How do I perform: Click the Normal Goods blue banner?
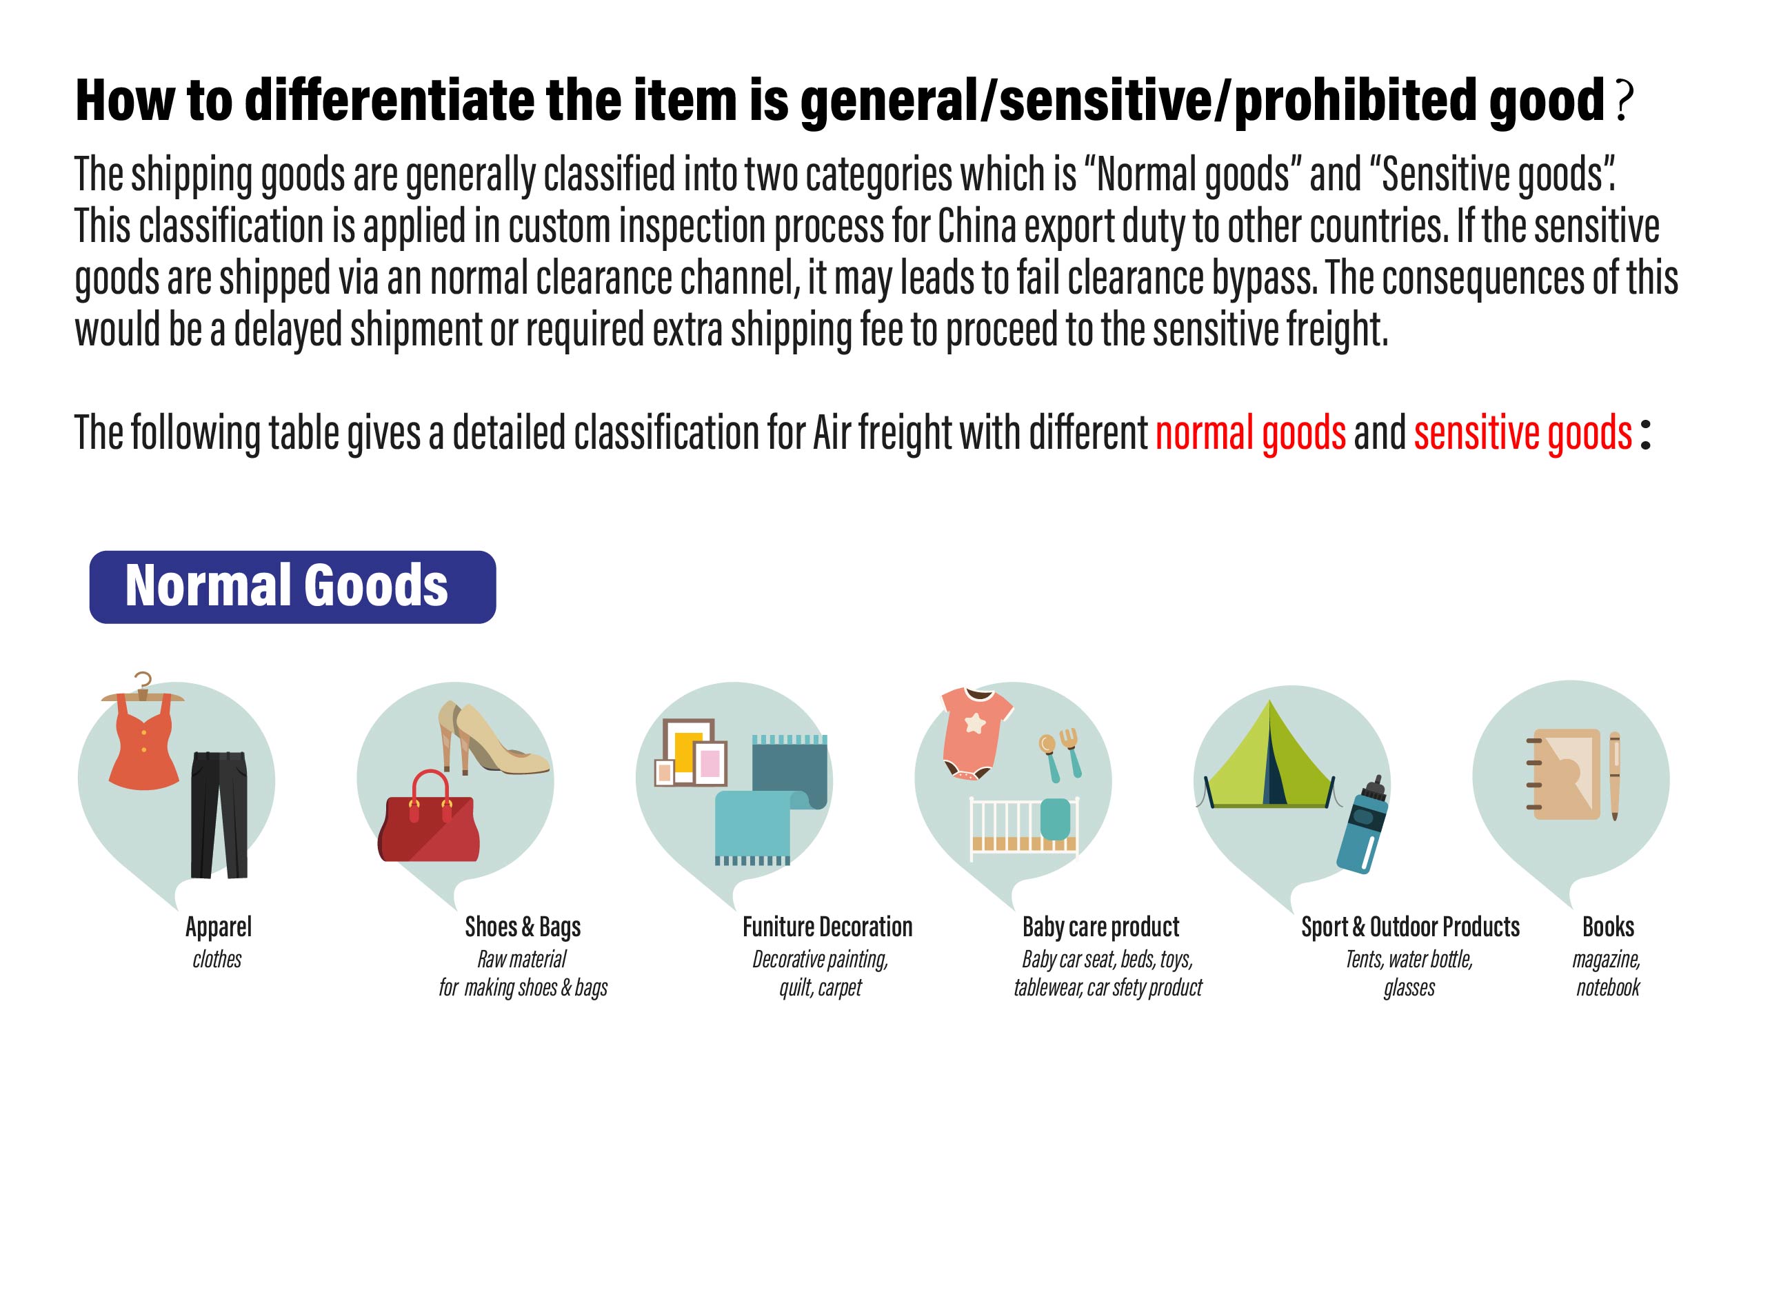tap(292, 587)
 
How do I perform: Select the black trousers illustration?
tap(219, 814)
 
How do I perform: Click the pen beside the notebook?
tap(1614, 776)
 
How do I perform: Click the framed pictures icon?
tap(690, 752)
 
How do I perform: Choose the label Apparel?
tap(219, 927)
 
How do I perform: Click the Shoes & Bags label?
tap(523, 927)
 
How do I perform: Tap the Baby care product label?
tap(1100, 927)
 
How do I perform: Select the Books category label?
tap(1608, 927)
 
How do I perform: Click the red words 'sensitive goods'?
tap(1523, 433)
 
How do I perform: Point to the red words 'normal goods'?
tap(1251, 433)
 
